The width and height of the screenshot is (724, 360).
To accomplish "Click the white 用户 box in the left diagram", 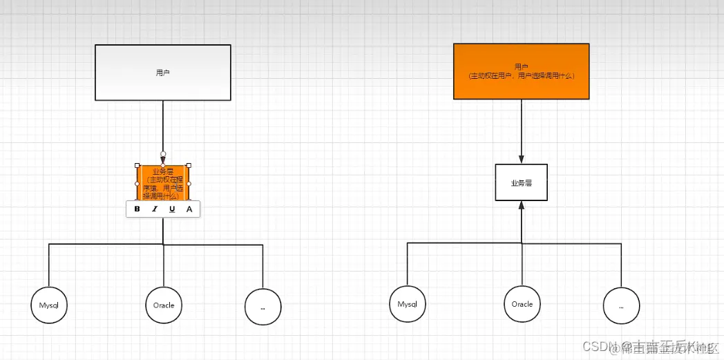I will [x=162, y=73].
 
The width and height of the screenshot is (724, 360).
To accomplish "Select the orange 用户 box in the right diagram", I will [x=522, y=72].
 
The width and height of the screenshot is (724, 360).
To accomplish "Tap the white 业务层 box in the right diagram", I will [x=522, y=182].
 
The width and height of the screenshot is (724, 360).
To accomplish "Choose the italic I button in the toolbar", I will [x=154, y=209].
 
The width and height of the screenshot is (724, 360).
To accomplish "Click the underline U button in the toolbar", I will [x=172, y=209].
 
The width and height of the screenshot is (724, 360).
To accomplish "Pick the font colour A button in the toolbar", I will [x=189, y=209].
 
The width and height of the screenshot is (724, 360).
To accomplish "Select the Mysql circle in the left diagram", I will [x=49, y=305].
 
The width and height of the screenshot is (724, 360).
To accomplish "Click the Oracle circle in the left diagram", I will [x=164, y=305].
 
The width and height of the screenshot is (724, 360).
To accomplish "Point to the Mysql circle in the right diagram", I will [x=408, y=304].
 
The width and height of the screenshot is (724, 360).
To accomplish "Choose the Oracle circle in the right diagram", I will [x=522, y=304].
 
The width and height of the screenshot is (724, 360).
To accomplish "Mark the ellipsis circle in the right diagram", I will [x=621, y=305].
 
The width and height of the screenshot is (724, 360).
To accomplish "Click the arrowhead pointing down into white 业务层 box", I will [x=522, y=159].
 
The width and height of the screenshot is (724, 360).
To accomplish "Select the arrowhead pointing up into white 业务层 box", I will [x=522, y=205].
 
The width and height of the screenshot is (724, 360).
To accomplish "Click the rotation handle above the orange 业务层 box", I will [x=163, y=153].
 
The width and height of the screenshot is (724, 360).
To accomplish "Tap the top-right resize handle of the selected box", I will [x=189, y=165].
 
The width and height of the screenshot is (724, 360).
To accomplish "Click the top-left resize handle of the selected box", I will [x=137, y=165].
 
